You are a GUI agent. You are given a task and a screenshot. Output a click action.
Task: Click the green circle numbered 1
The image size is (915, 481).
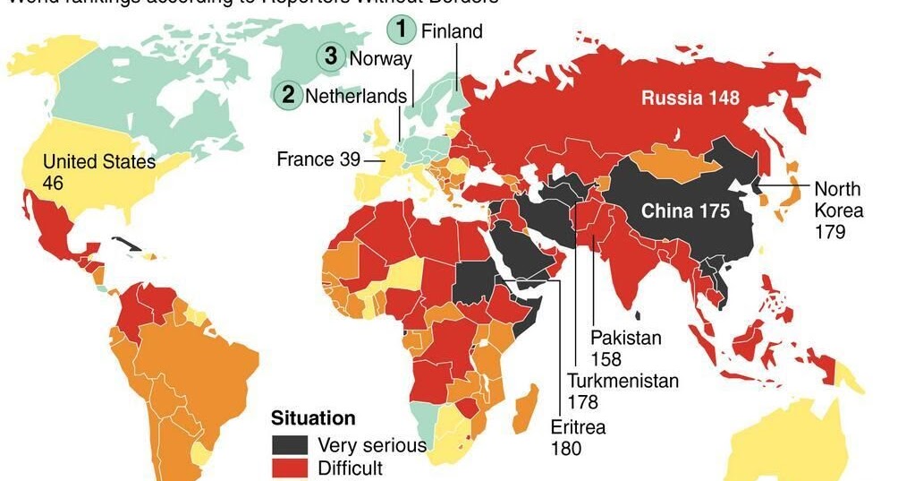[x=402, y=30]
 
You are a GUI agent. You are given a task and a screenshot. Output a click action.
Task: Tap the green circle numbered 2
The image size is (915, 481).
[x=288, y=94]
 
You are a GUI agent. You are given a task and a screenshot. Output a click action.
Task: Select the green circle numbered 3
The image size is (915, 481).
[x=331, y=57]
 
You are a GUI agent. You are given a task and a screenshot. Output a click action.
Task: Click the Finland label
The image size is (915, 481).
[x=452, y=31]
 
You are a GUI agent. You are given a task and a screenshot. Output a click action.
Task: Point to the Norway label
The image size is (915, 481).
[x=381, y=59]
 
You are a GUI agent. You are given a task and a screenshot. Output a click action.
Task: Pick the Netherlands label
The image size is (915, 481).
[x=357, y=96]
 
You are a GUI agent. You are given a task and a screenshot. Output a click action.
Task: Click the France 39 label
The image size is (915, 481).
[x=318, y=159]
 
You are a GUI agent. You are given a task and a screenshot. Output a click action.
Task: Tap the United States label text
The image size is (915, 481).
[x=99, y=162]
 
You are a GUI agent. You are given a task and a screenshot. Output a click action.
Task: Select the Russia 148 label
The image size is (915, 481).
[x=690, y=98]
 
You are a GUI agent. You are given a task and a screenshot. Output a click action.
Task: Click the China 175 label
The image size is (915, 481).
[x=686, y=211]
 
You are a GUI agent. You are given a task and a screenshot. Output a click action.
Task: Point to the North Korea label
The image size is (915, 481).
[x=838, y=200]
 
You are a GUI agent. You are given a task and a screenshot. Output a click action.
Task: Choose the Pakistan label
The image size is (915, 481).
[x=626, y=338]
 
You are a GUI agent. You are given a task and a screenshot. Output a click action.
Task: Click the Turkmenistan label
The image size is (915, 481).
[x=623, y=381]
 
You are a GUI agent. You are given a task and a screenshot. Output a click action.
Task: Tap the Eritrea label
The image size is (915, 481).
[x=578, y=427]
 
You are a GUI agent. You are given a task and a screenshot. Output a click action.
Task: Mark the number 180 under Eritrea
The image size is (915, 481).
[x=566, y=448]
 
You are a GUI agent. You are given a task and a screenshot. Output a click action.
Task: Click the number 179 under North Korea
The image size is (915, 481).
[x=830, y=232]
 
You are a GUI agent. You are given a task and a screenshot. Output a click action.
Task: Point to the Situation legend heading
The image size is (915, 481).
[x=313, y=418]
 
